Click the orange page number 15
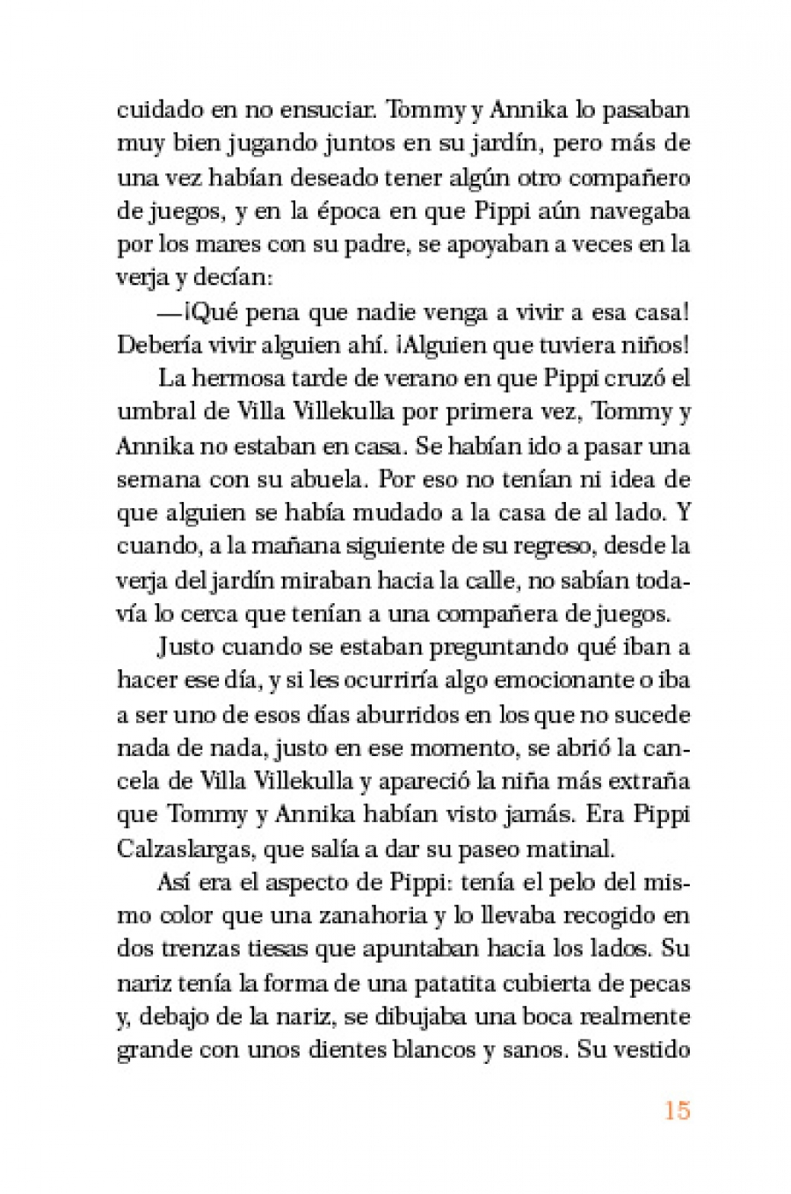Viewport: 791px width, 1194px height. click(677, 1110)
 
